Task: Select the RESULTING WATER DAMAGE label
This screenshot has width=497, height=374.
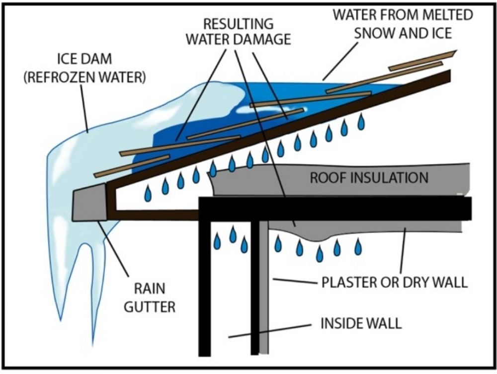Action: [x=238, y=31]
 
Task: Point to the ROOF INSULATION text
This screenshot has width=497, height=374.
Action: [x=369, y=178]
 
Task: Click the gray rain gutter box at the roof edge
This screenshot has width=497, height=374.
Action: [x=90, y=202]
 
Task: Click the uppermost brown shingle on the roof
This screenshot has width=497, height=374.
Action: [x=422, y=60]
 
